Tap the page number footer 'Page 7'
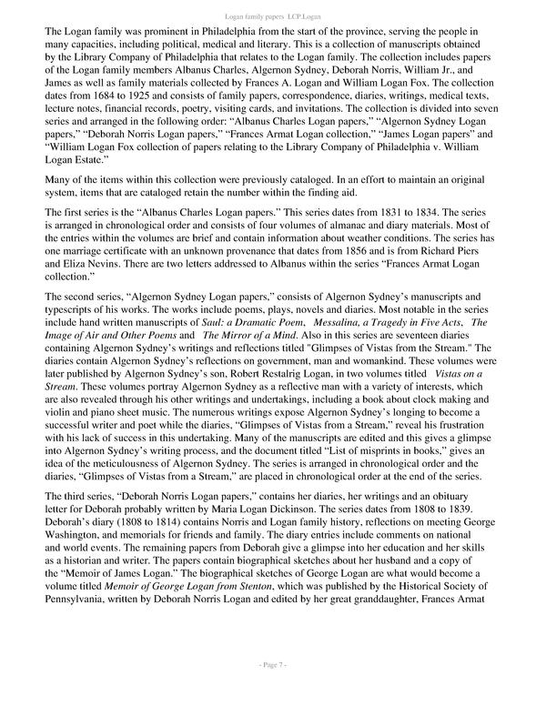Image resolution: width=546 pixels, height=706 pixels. click(273, 691)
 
